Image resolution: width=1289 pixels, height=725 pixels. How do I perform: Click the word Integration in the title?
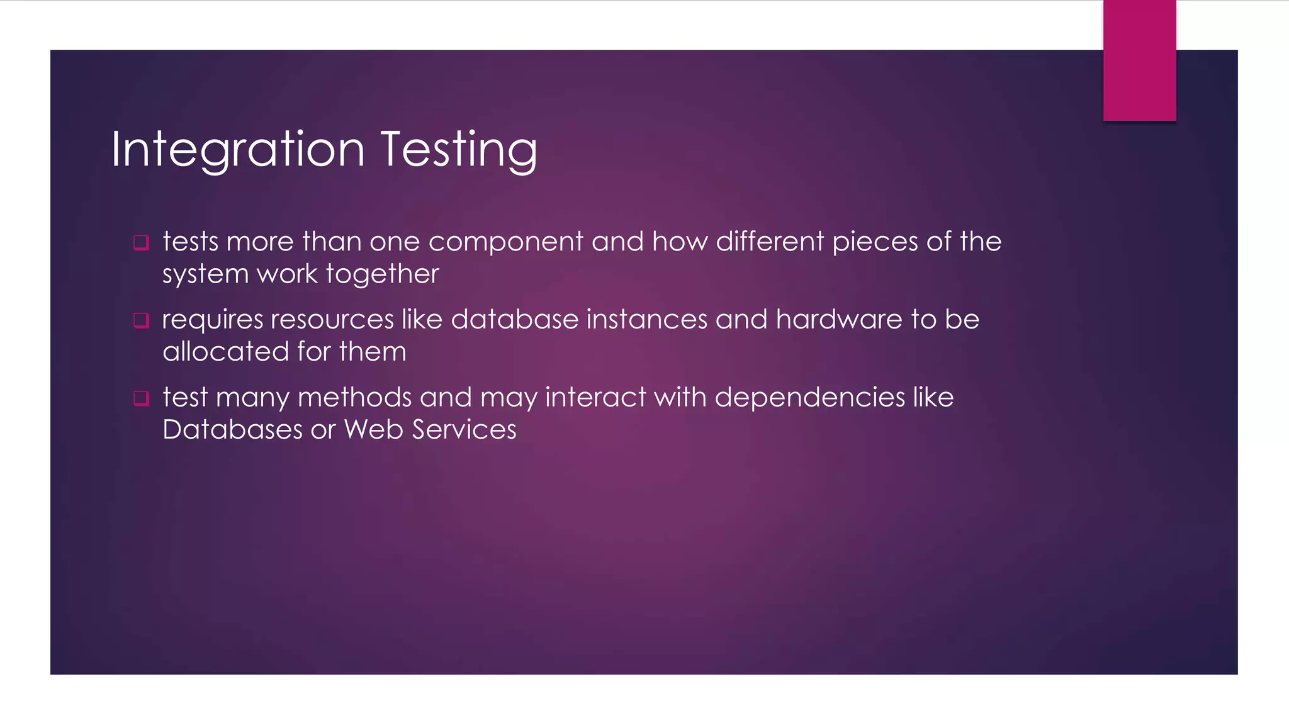(x=237, y=150)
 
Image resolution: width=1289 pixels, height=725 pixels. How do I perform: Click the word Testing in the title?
(x=459, y=150)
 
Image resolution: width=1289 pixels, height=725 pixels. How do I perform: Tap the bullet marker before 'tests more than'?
(x=141, y=243)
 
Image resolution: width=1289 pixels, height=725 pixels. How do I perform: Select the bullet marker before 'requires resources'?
(x=141, y=321)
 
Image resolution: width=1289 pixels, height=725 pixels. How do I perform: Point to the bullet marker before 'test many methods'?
(x=141, y=398)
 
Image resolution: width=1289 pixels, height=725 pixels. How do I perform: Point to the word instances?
(x=647, y=320)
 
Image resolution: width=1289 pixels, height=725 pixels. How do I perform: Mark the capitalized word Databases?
(x=232, y=430)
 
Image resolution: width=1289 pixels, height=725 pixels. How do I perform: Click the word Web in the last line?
(x=373, y=430)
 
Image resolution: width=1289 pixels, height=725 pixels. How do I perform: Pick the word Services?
(x=464, y=430)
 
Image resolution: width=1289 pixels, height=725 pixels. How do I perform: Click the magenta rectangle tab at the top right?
(x=1139, y=60)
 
